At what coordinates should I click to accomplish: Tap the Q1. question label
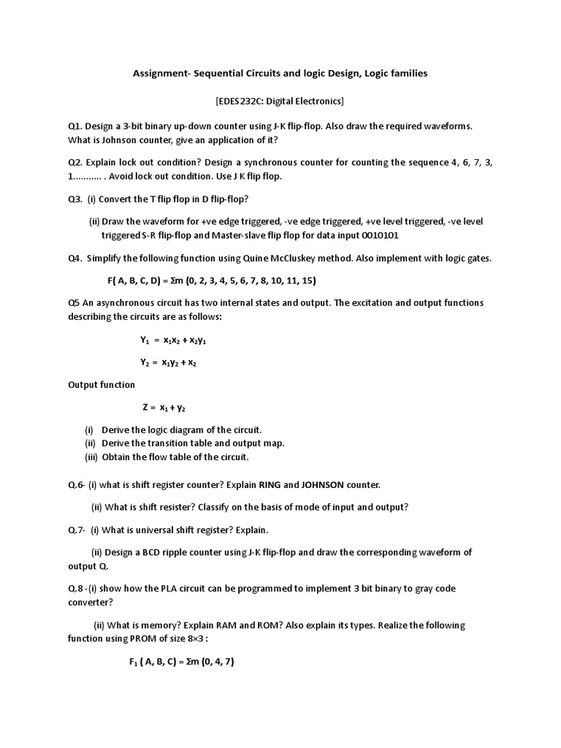(x=76, y=126)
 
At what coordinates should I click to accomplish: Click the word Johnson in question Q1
(x=115, y=140)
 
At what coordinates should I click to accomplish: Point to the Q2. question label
(x=76, y=162)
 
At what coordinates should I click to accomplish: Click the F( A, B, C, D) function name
(x=134, y=280)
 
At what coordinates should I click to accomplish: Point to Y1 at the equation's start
(x=144, y=340)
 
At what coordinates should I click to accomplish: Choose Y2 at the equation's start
(x=144, y=362)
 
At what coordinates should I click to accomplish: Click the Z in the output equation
(x=145, y=408)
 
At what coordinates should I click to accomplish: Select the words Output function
(x=102, y=385)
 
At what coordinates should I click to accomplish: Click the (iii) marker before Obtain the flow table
(x=91, y=457)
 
